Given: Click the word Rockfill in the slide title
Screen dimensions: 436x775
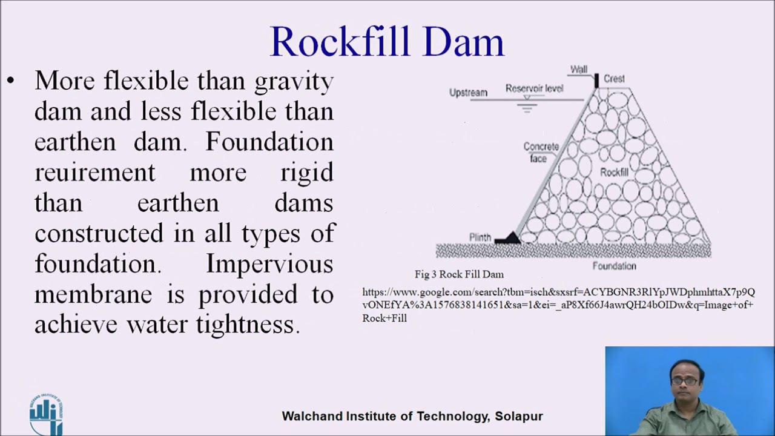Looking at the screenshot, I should tap(340, 42).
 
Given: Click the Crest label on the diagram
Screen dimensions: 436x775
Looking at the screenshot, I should tap(614, 79).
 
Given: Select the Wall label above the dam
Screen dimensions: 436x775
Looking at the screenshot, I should tap(579, 70).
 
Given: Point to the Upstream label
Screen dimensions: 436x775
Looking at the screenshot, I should tap(468, 93).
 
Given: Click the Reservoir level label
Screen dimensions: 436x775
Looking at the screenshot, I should tap(534, 88).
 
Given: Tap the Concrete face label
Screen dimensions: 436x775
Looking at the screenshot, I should tap(541, 153).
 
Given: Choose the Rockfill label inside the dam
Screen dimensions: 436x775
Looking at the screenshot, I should tap(614, 173).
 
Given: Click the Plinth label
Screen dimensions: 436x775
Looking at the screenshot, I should tap(480, 237).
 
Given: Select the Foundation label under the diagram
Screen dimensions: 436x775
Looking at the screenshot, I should tap(614, 266).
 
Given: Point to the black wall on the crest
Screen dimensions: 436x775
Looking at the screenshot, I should tap(596, 80).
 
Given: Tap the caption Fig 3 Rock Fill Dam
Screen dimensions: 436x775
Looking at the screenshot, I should tap(459, 274).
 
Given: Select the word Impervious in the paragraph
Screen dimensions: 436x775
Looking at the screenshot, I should tap(269, 264).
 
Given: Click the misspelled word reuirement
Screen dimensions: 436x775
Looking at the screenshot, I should tap(95, 173).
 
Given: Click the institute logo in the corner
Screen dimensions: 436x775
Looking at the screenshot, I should tap(46, 415).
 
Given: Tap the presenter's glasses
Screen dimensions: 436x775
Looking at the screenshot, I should tap(685, 381).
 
